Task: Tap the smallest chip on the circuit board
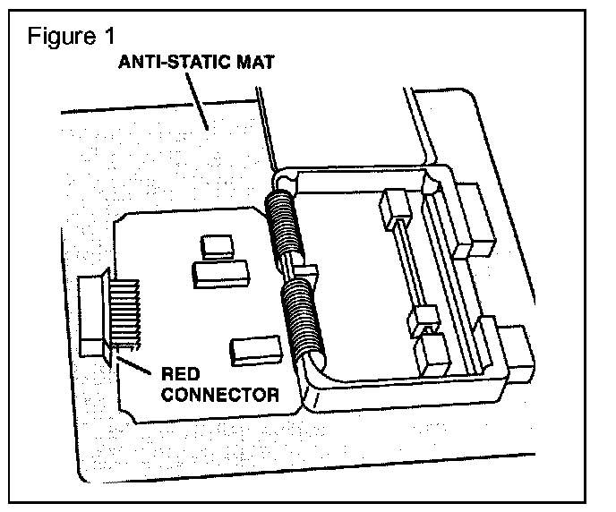pos(217,243)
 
